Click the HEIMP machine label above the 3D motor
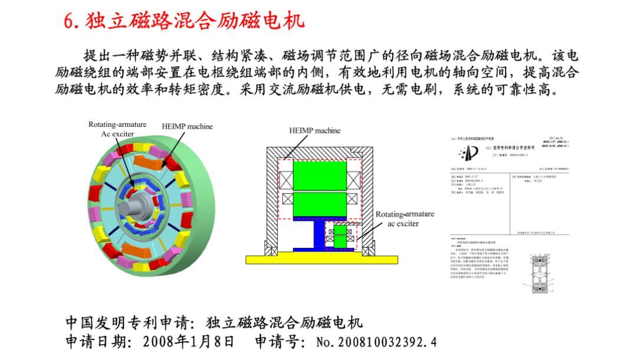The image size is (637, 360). click(x=187, y=126)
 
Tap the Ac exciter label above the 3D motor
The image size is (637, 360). click(x=117, y=134)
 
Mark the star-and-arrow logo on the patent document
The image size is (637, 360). click(x=468, y=153)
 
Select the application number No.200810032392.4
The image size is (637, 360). click(x=376, y=342)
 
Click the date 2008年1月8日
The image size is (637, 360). click(x=189, y=342)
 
